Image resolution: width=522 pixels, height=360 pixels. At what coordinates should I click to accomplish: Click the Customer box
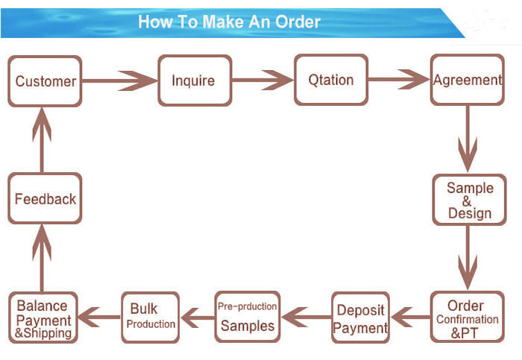(x=45, y=81)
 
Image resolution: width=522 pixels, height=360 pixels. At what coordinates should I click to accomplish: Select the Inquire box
(x=195, y=80)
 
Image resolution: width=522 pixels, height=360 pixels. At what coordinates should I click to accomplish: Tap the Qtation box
(x=331, y=80)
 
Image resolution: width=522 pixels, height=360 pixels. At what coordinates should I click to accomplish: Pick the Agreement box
(x=468, y=80)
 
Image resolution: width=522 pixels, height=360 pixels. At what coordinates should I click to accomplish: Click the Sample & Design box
(x=469, y=200)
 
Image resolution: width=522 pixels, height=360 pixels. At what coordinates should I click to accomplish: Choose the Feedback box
(x=45, y=198)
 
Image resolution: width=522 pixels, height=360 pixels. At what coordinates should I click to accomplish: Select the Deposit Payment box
(x=360, y=318)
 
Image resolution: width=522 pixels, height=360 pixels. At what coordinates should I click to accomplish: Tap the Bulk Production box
(x=151, y=318)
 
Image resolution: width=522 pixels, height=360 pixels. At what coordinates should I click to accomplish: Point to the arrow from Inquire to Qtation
(x=263, y=80)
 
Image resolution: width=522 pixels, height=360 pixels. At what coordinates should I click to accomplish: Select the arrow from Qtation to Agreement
(x=399, y=79)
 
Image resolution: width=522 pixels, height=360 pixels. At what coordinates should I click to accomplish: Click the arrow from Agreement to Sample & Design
(x=468, y=139)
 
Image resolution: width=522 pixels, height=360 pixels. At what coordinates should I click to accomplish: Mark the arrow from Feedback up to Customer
(x=42, y=139)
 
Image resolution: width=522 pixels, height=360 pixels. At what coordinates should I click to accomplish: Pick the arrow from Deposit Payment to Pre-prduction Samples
(x=306, y=317)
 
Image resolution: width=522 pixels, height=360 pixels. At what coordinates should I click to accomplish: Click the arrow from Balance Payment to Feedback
(x=42, y=258)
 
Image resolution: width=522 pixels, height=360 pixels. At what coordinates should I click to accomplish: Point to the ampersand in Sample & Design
(x=467, y=201)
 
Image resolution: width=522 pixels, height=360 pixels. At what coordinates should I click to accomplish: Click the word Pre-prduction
(x=247, y=306)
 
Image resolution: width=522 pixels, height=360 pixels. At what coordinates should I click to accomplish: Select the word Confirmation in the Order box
(x=468, y=320)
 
